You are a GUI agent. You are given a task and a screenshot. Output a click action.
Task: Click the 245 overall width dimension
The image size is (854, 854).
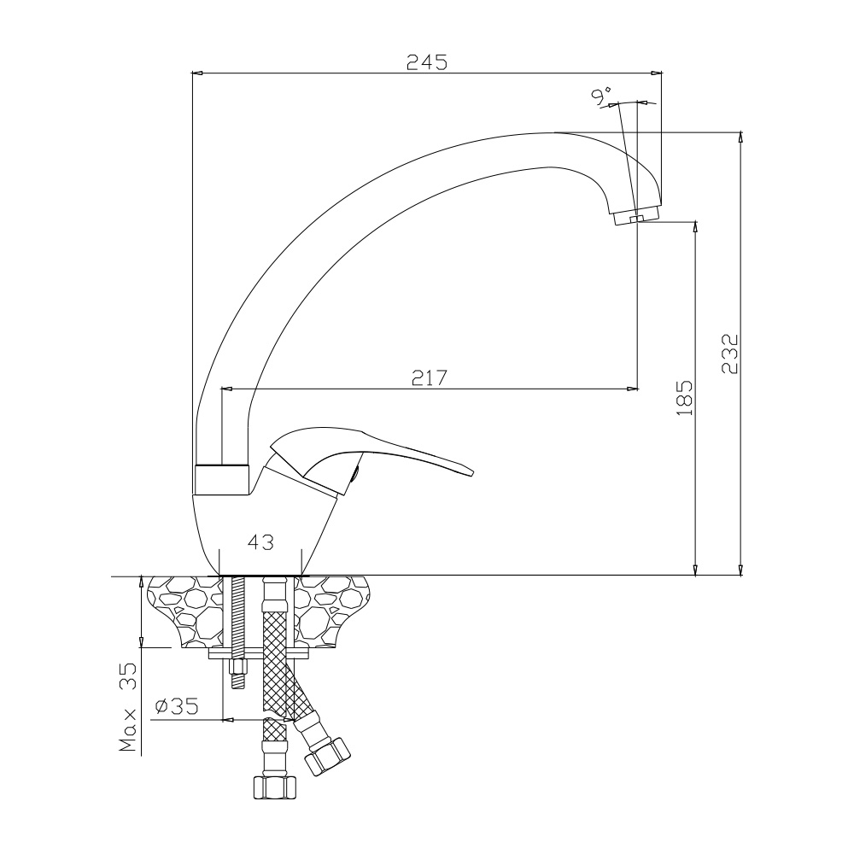click(427, 62)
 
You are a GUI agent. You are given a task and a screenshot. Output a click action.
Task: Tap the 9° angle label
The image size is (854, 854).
click(602, 96)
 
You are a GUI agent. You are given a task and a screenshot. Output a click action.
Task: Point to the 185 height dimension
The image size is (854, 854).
click(684, 399)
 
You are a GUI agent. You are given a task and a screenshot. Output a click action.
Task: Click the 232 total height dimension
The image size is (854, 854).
click(728, 353)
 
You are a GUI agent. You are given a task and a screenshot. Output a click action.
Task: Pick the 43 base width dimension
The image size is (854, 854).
click(260, 541)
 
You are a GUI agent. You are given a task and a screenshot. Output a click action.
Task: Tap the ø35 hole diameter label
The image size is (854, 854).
click(177, 706)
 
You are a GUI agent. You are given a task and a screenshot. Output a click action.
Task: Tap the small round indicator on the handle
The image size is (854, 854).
click(356, 472)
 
